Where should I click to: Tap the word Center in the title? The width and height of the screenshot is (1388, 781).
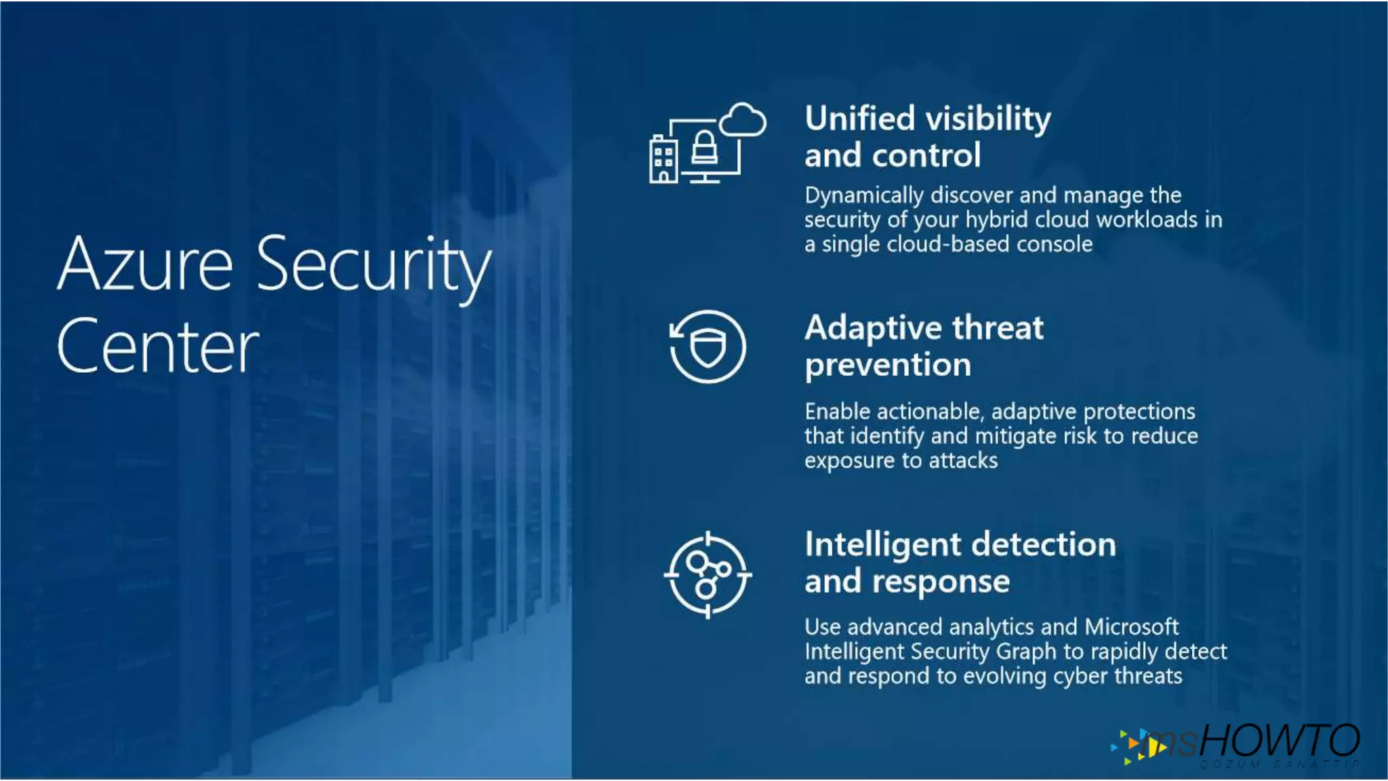[158, 346]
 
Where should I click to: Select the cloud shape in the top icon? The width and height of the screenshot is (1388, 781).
[743, 121]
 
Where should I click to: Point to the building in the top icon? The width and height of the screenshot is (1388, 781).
[663, 159]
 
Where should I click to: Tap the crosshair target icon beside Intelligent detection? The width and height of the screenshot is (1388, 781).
[708, 575]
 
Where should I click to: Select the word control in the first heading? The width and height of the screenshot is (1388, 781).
[926, 155]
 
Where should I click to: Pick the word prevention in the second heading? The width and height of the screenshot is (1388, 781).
[888, 365]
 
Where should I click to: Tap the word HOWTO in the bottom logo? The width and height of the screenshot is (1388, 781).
[1280, 740]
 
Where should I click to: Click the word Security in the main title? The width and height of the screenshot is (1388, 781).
[373, 265]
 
